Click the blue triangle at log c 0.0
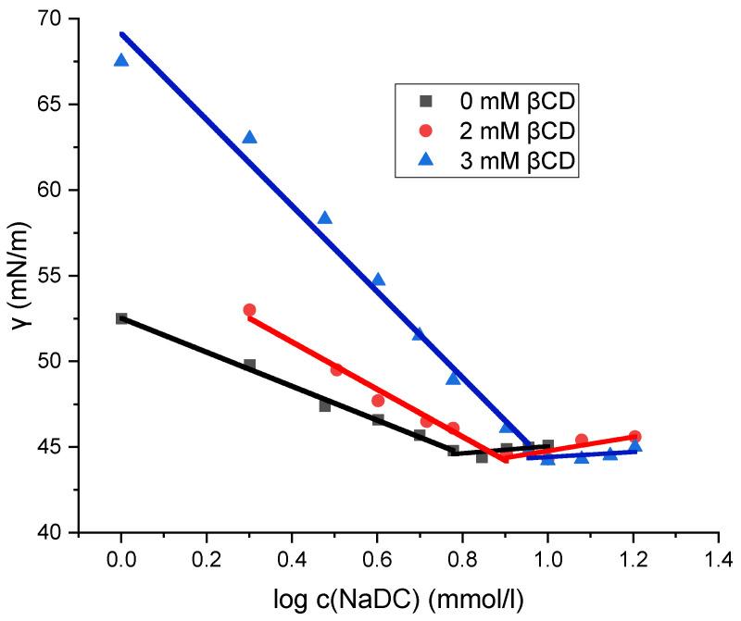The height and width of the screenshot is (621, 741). point(121,60)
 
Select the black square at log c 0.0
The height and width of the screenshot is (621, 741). point(121,318)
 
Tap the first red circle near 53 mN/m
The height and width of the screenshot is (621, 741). point(249,310)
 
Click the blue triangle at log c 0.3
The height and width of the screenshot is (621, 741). point(249,138)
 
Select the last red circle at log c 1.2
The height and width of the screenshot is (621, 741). point(634,437)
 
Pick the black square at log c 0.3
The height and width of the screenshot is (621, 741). point(249,366)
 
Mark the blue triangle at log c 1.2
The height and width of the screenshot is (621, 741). point(634,446)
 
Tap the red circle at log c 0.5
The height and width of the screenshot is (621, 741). point(336,370)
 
